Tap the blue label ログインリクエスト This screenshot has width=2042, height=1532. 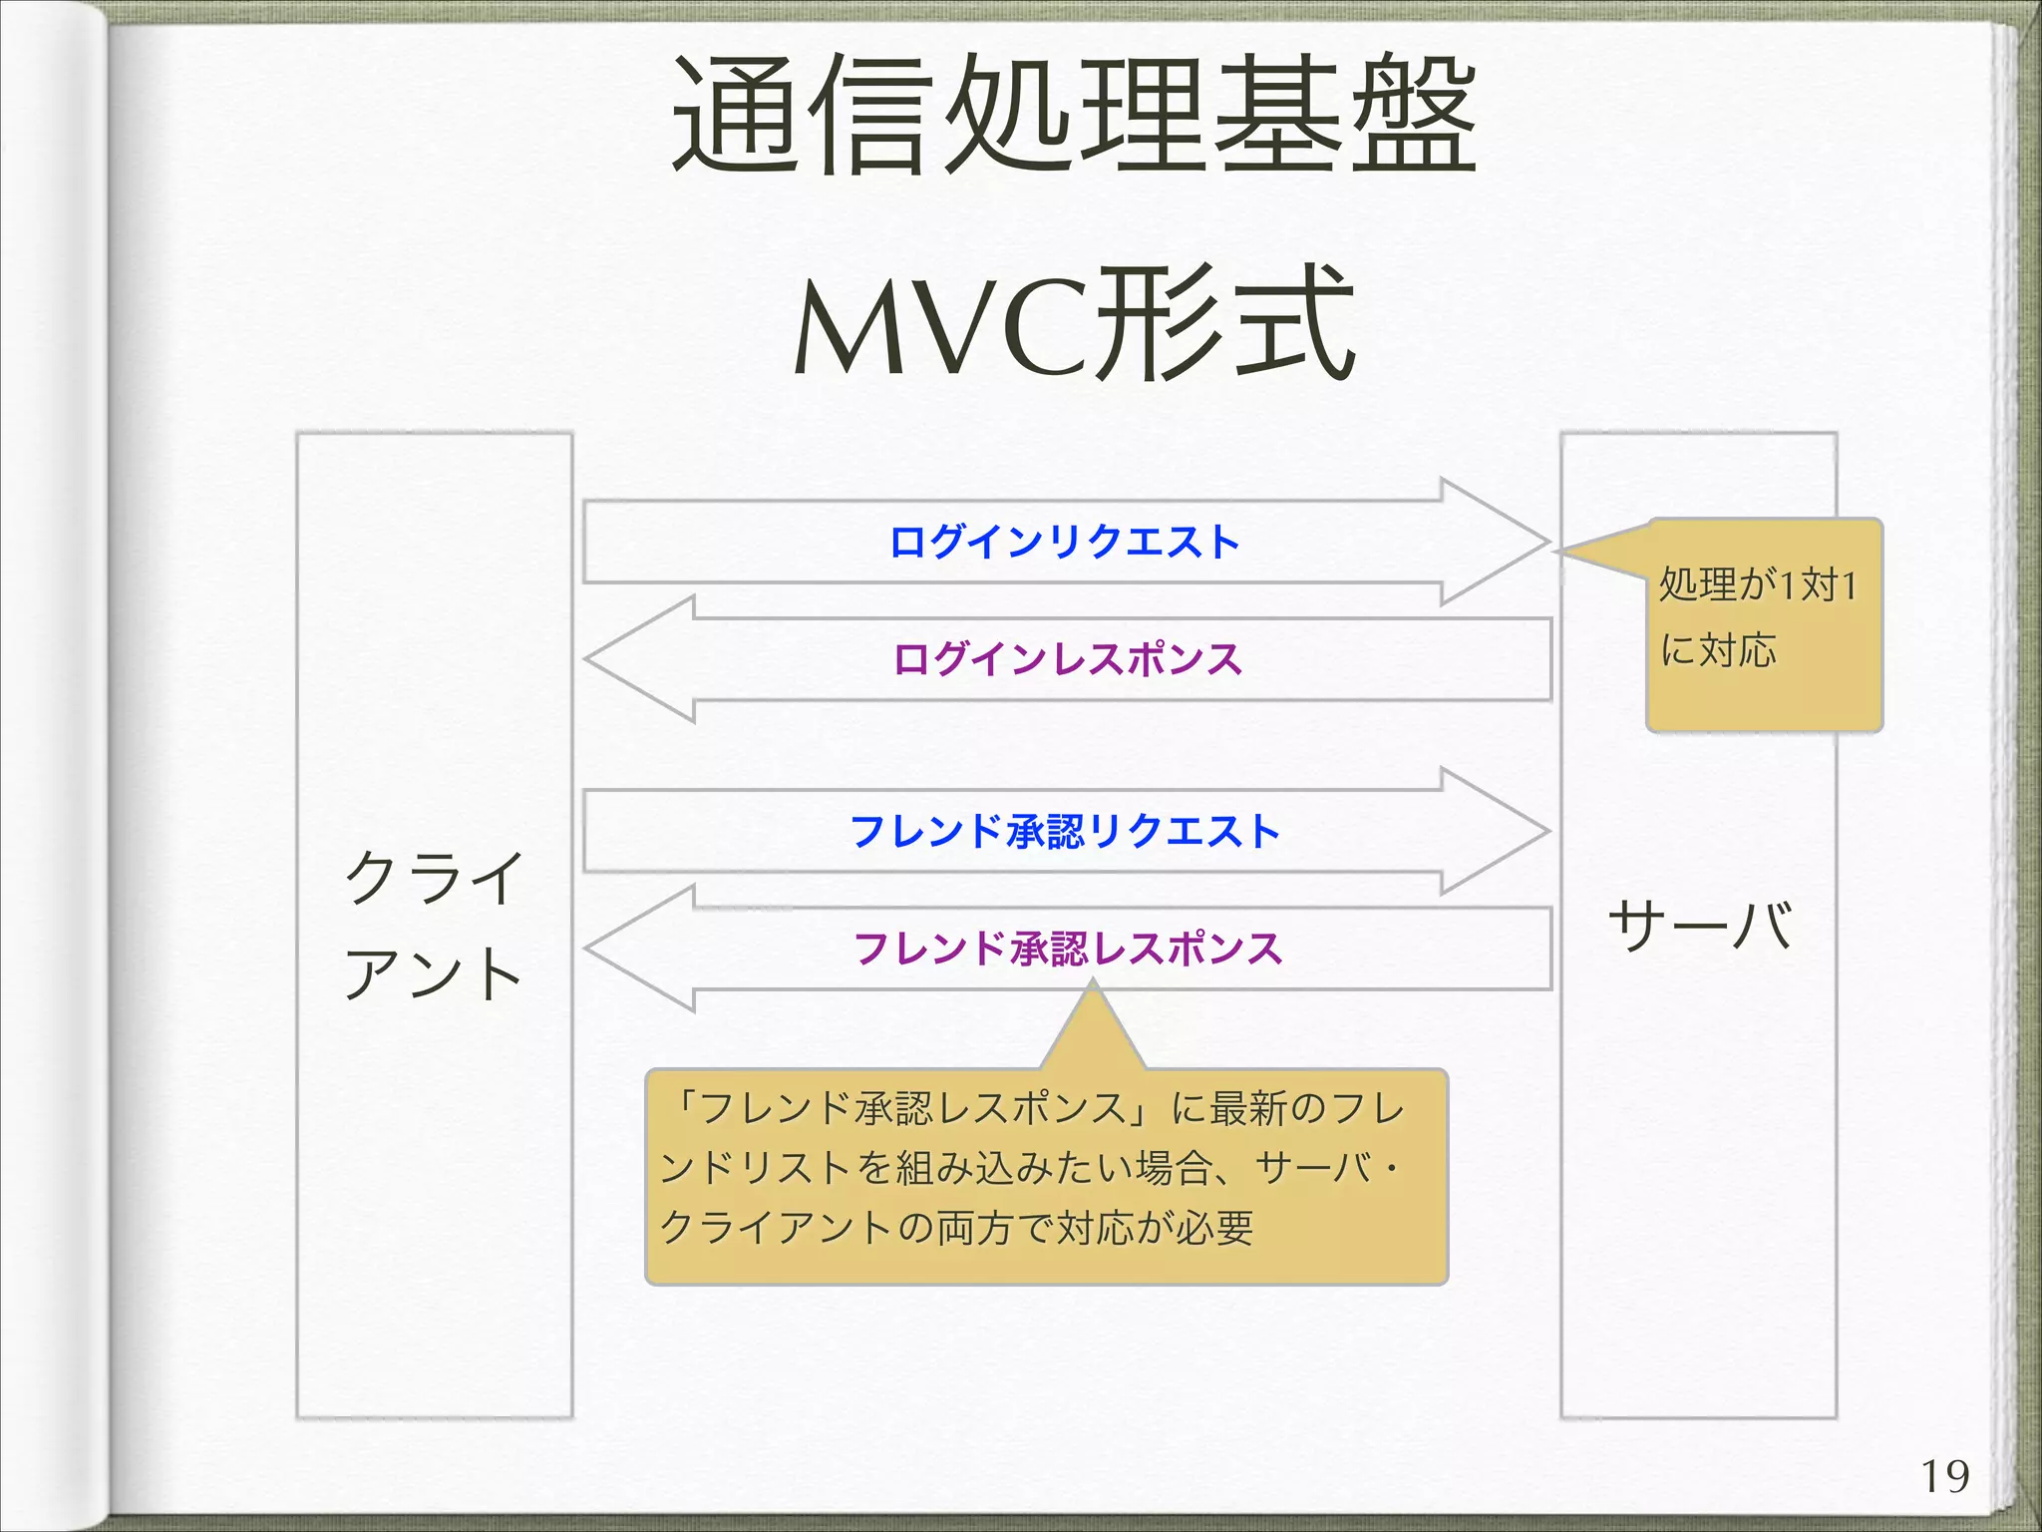pos(1064,542)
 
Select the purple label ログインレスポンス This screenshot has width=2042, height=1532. pos(1067,659)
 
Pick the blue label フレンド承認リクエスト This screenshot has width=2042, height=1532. pos(1064,831)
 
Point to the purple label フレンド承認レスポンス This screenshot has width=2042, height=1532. pos(1067,948)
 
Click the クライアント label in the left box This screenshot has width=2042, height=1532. pos(434,925)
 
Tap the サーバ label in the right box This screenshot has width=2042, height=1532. pos(1699,925)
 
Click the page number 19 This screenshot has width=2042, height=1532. pos(1944,1477)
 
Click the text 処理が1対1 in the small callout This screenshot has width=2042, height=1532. pos(1757,584)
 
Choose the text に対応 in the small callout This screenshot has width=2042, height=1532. pos(1718,650)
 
